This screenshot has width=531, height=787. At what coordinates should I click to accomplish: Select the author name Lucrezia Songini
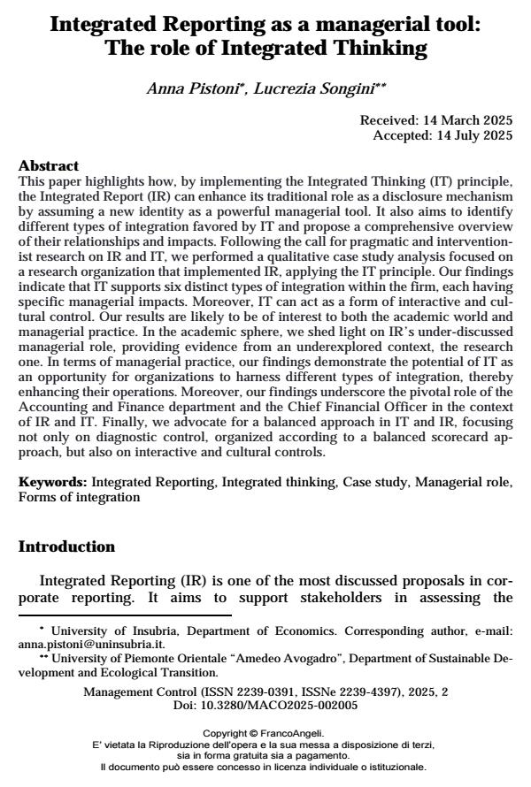(319, 89)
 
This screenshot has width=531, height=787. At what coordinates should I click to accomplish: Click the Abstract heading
(49, 165)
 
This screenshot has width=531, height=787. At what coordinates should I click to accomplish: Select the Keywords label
(52, 483)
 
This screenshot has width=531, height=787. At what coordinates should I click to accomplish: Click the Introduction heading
(66, 546)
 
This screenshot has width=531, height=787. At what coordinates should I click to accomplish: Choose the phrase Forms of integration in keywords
(79, 497)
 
